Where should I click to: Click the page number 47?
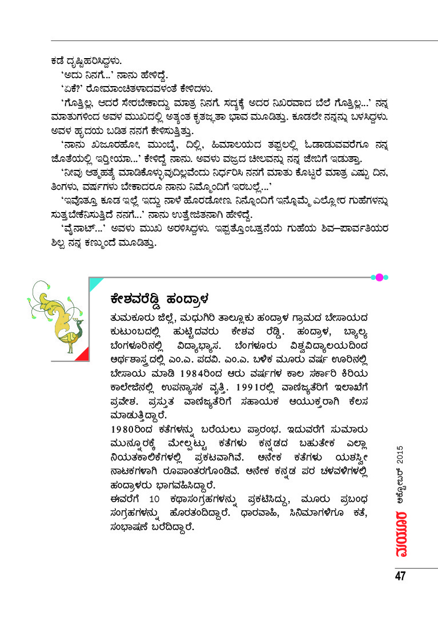[x=399, y=576]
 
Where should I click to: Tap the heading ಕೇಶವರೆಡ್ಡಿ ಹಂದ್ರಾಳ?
[x=159, y=298]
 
